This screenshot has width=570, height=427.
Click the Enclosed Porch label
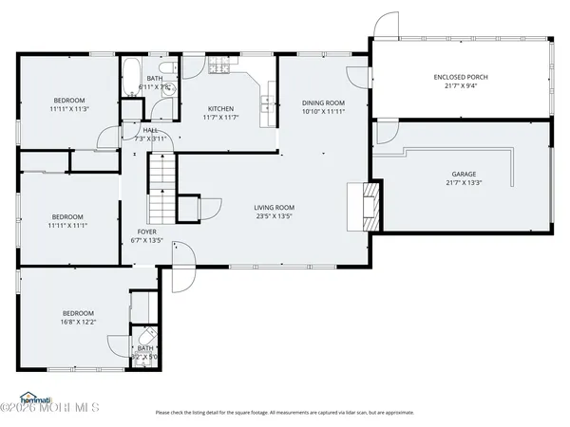[460, 77]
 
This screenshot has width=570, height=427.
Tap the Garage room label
[463, 175]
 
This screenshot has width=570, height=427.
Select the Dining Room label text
[323, 102]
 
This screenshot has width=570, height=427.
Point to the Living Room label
[274, 207]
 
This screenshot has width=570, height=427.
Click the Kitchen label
[220, 109]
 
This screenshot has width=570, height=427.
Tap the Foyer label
[146, 231]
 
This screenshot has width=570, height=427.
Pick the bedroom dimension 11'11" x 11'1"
[67, 225]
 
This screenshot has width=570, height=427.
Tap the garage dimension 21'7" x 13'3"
[463, 184]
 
